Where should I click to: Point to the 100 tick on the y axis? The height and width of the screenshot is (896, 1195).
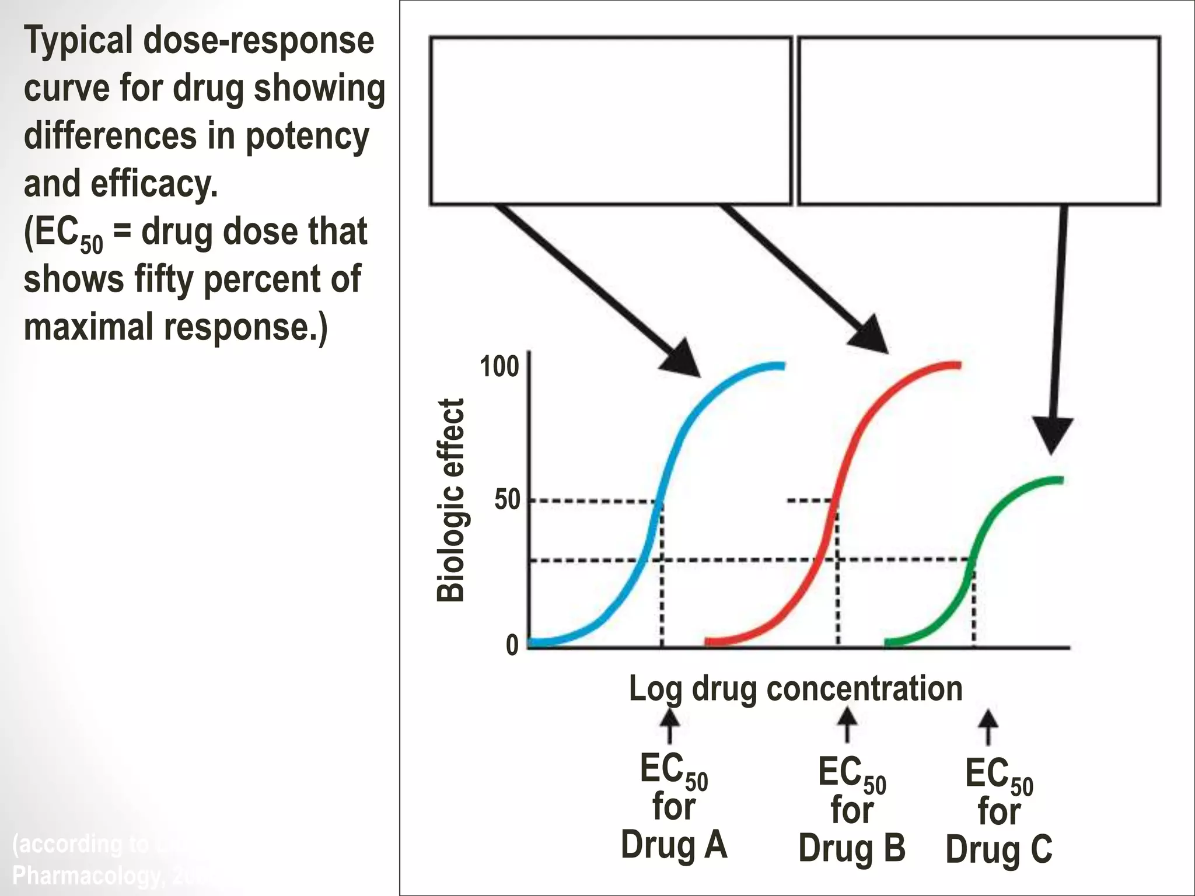click(499, 367)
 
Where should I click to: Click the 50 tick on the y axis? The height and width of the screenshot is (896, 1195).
click(507, 501)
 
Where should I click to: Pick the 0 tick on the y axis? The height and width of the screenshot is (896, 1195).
click(512, 645)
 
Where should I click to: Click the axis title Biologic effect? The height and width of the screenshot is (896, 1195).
click(450, 501)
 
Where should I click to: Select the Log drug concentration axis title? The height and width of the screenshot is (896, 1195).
click(795, 688)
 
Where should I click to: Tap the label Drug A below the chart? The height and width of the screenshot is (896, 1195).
click(674, 845)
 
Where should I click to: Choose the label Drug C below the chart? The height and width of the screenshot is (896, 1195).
click(999, 849)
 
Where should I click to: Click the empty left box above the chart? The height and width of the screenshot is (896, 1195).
click(610, 121)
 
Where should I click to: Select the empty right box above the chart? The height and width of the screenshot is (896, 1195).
click(979, 121)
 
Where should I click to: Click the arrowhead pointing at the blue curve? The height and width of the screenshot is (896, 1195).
click(683, 359)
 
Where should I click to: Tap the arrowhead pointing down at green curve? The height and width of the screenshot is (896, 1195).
click(1052, 435)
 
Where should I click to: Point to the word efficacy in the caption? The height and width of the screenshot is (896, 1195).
click(154, 184)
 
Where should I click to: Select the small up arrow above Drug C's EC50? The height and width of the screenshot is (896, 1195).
click(988, 726)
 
